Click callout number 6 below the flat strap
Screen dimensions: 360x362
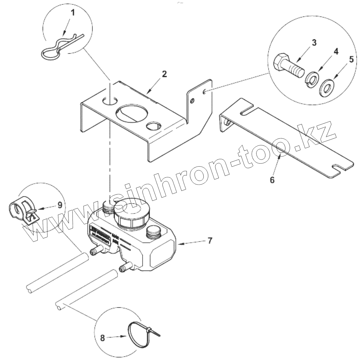pyautogui.click(x=272, y=179)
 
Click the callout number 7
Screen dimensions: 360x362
pyautogui.click(x=209, y=241)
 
